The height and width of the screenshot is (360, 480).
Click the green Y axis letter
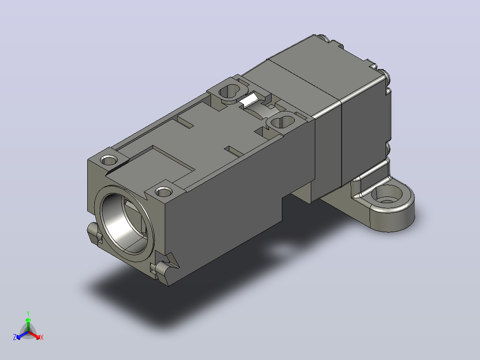(x=28, y=313)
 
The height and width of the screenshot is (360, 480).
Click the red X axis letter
(x=42, y=337)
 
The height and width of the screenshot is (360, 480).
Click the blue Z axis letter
(x=14, y=337)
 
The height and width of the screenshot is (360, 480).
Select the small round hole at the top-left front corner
(x=109, y=160)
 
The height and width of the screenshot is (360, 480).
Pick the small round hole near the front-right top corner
(x=164, y=192)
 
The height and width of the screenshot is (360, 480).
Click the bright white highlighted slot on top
(x=249, y=99)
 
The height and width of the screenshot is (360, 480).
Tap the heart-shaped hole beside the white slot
(x=230, y=91)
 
